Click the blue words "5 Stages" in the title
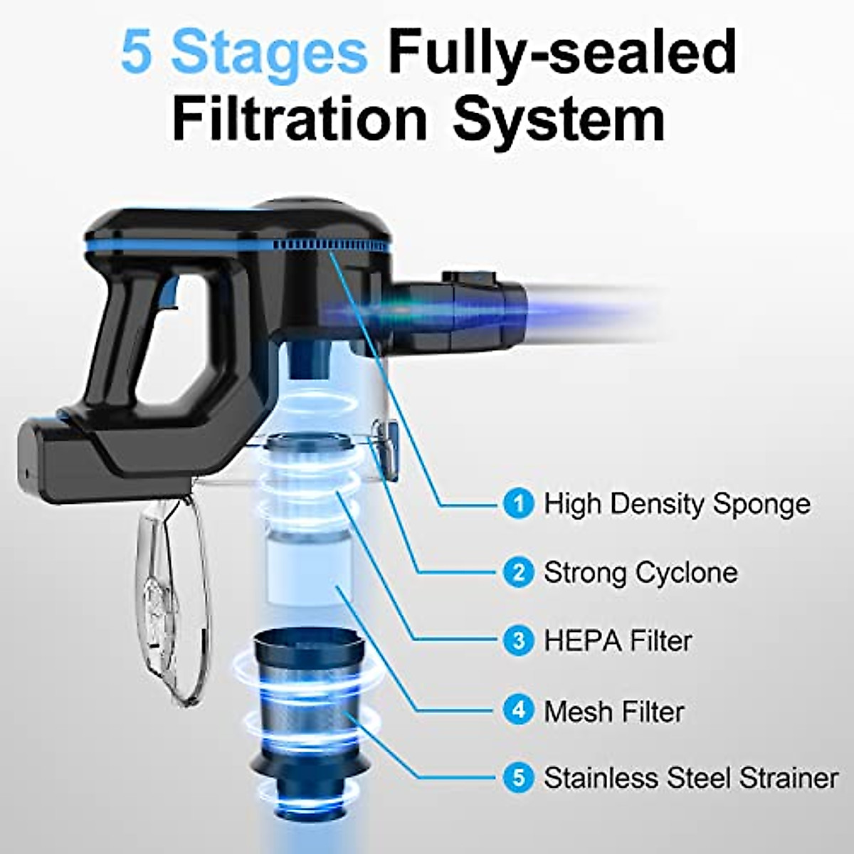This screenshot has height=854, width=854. pyautogui.click(x=243, y=51)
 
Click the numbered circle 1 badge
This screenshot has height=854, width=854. pyautogui.click(x=518, y=504)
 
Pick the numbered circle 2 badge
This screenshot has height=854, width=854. pyautogui.click(x=518, y=572)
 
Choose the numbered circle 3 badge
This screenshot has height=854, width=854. pyautogui.click(x=518, y=640)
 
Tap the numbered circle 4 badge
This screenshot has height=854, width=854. pyautogui.click(x=518, y=710)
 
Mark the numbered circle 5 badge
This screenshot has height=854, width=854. pyautogui.click(x=518, y=777)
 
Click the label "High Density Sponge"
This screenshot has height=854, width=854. pyautogui.click(x=677, y=504)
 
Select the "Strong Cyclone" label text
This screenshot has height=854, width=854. pyautogui.click(x=640, y=572)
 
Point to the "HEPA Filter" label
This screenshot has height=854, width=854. pyautogui.click(x=618, y=640)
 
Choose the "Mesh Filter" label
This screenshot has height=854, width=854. pyautogui.click(x=613, y=710)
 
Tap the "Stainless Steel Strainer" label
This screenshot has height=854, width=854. pyautogui.click(x=691, y=777)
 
